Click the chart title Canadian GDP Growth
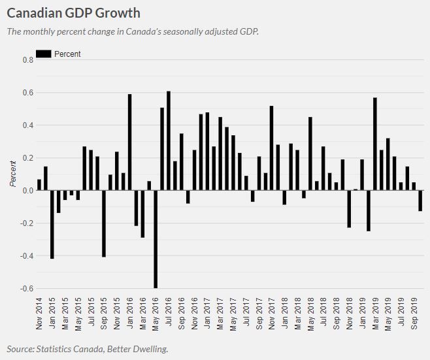click(x=73, y=12)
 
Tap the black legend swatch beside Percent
click(x=43, y=54)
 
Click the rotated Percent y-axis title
click(x=12, y=174)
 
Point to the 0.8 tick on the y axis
click(x=27, y=60)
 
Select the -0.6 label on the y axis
click(x=26, y=289)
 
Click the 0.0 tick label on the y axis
click(x=27, y=191)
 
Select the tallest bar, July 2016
click(x=169, y=140)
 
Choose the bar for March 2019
click(x=375, y=144)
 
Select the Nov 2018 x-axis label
click(x=350, y=314)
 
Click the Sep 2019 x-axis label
click(x=414, y=314)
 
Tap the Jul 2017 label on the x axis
click(x=246, y=314)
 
